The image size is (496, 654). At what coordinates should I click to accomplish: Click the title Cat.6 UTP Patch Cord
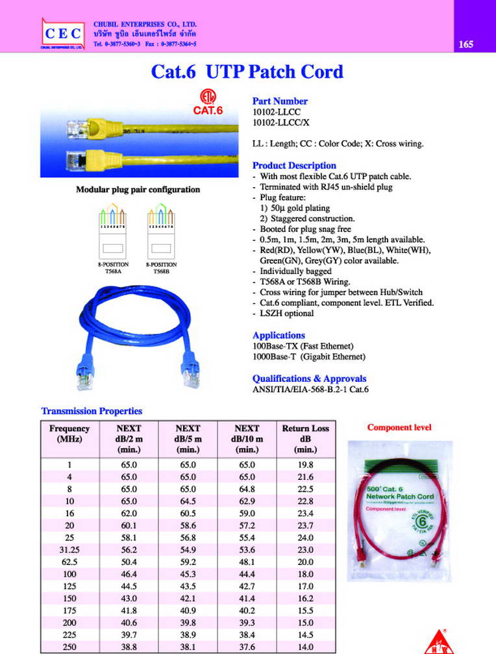click(x=247, y=71)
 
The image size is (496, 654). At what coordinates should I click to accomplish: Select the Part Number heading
click(x=280, y=101)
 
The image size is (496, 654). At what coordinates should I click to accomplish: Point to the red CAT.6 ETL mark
click(x=208, y=106)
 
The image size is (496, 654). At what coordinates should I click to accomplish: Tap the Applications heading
click(x=279, y=335)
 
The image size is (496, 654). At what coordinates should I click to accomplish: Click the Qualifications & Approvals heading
click(x=309, y=379)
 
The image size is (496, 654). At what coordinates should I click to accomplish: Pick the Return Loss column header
click(x=305, y=438)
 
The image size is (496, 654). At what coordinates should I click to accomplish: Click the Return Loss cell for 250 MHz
click(x=305, y=648)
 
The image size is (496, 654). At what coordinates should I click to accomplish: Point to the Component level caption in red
click(x=399, y=427)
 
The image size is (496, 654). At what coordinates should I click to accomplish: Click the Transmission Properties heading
click(x=92, y=411)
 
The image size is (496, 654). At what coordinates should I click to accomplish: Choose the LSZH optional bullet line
click(x=286, y=314)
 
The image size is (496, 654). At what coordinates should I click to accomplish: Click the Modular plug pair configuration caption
click(x=138, y=190)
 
